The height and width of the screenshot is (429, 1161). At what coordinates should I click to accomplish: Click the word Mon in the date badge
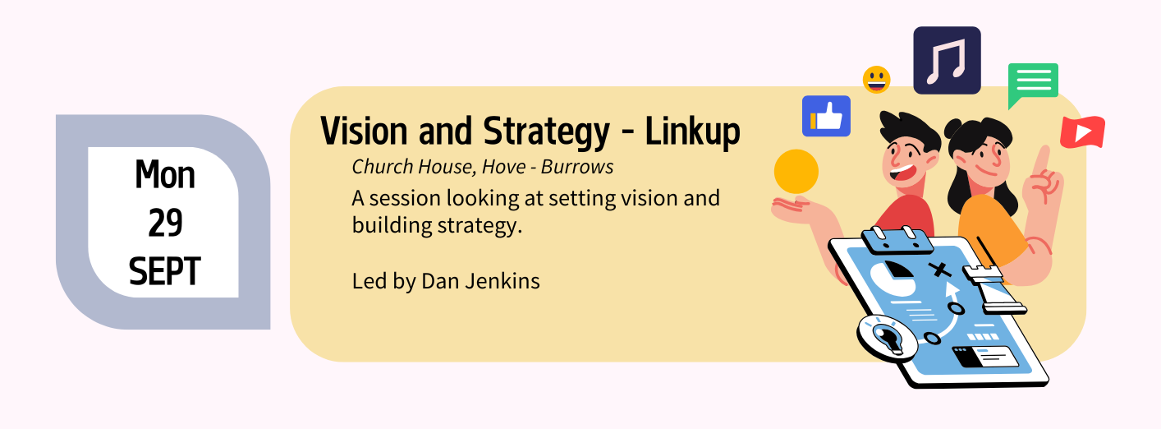point(165,175)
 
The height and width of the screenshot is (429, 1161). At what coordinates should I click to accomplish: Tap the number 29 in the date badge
point(165,223)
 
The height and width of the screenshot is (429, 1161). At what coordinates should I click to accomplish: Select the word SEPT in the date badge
point(164,271)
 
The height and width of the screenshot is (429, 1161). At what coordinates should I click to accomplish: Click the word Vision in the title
point(364,131)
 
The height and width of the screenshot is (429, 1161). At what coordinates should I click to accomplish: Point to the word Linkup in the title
point(692,133)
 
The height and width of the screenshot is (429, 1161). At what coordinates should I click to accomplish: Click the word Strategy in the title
point(546,133)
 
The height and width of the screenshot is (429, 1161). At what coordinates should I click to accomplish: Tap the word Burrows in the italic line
point(577,167)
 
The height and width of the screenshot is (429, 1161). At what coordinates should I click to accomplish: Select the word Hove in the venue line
point(504,167)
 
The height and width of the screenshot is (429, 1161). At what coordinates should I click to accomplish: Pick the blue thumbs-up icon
point(826,116)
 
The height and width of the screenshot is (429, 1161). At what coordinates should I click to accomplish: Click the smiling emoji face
point(876,80)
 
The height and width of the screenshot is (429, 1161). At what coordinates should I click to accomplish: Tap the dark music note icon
point(947,61)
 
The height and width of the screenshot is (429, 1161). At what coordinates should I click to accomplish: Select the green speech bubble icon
point(1032,84)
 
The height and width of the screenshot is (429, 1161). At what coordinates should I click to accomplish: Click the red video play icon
point(1082,132)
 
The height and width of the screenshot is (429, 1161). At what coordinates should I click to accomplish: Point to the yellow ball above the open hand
point(796,172)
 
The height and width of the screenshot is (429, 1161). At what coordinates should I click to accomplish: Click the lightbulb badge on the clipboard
point(887,339)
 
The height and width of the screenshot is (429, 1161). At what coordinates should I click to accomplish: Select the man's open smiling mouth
point(902,173)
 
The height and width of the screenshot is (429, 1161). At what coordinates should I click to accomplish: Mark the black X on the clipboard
point(939,270)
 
